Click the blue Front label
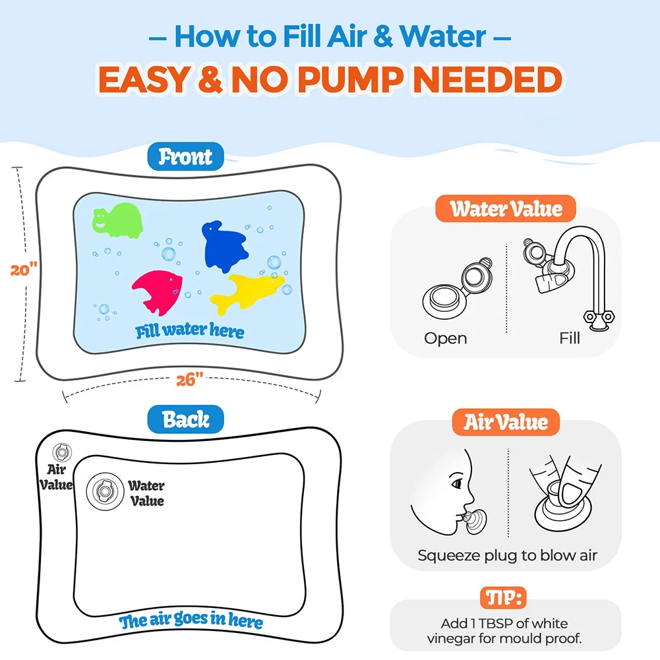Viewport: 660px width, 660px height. pos(186,157)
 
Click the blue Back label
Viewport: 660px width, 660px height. pos(186,420)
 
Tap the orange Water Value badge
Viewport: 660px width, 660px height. pos(506,209)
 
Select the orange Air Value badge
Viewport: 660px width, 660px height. pos(506,422)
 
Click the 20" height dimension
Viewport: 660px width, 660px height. pos(24,270)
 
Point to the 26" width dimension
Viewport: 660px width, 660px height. pos(190,380)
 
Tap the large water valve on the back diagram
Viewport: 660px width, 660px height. pos(104,490)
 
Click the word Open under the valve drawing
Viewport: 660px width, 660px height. pos(446,338)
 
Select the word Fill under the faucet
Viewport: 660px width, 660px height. pos(569,338)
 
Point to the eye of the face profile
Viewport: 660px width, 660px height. pos(456,484)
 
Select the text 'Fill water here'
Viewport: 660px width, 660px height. pos(190,330)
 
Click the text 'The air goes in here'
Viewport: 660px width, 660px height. pos(191,621)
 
